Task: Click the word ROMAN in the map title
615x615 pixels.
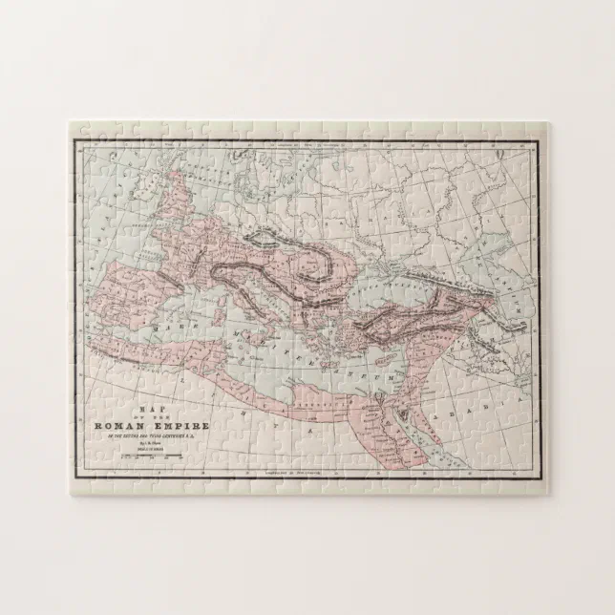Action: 119,425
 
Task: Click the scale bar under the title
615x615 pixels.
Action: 143,458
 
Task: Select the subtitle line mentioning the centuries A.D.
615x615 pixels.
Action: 143,436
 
